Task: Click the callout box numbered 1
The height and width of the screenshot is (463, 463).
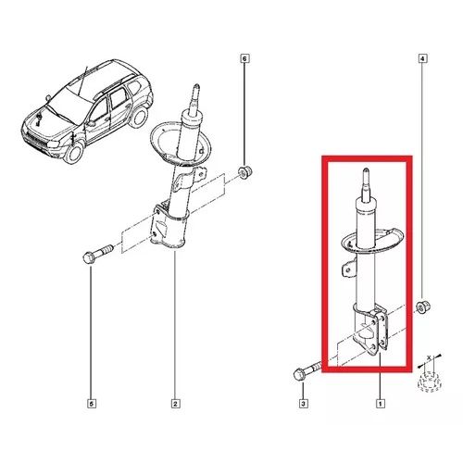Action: pyautogui.click(x=380, y=403)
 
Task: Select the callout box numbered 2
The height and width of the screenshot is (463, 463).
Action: pyautogui.click(x=175, y=404)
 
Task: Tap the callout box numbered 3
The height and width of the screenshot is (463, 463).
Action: pyautogui.click(x=303, y=403)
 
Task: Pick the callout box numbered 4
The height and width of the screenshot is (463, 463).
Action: pyautogui.click(x=422, y=57)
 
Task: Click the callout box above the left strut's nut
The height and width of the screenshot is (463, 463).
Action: pyautogui.click(x=244, y=57)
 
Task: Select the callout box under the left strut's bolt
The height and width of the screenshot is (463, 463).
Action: pyautogui.click(x=91, y=404)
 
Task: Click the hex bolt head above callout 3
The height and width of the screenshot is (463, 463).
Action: pyautogui.click(x=299, y=375)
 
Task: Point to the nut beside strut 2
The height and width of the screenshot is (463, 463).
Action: pyautogui.click(x=245, y=171)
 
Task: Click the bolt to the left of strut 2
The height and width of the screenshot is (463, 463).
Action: pyautogui.click(x=98, y=254)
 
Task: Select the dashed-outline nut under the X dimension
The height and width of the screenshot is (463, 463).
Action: pyautogui.click(x=429, y=382)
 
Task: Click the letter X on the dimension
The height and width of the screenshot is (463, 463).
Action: pyautogui.click(x=429, y=357)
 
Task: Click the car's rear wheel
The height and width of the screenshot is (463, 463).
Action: pyautogui.click(x=138, y=117)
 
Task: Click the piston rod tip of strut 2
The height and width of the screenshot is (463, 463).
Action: pyautogui.click(x=196, y=86)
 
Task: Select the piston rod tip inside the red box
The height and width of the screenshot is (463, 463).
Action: pyautogui.click(x=366, y=170)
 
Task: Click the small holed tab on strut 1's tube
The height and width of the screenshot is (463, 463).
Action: pyautogui.click(x=348, y=269)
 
